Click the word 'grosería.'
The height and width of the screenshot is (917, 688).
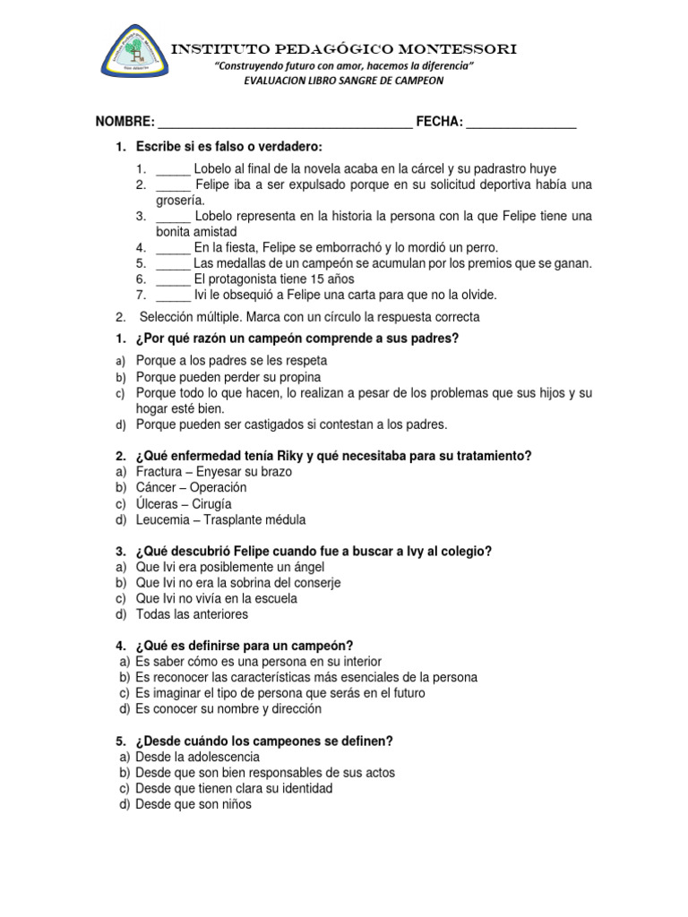(x=181, y=201)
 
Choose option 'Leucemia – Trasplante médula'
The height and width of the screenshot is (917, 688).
(x=220, y=520)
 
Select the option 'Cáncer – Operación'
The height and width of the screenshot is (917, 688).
(x=191, y=488)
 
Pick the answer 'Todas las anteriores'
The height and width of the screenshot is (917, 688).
(x=192, y=615)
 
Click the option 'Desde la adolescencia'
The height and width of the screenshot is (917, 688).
(x=197, y=757)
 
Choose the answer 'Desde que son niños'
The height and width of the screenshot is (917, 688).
(x=193, y=805)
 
